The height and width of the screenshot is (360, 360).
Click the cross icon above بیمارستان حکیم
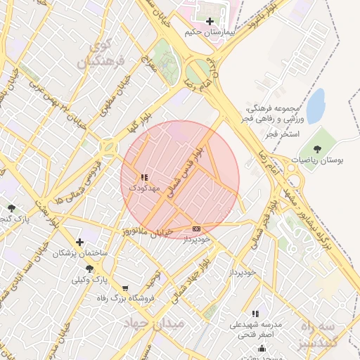(x=210, y=22)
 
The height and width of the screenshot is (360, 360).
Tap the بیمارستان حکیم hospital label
(x=210, y=32)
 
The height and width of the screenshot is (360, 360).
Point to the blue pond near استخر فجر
(x=316, y=105)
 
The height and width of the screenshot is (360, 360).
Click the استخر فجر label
(x=284, y=134)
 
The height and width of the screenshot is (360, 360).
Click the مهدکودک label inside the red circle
(x=145, y=188)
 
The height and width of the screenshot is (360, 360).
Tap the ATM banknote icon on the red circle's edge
(x=196, y=229)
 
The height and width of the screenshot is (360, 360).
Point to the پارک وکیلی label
(x=89, y=279)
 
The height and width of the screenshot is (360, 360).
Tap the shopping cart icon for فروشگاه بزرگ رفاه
(x=125, y=288)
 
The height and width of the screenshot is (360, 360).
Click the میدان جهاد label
(x=153, y=323)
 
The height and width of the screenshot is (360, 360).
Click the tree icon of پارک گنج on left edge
(x=11, y=207)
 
